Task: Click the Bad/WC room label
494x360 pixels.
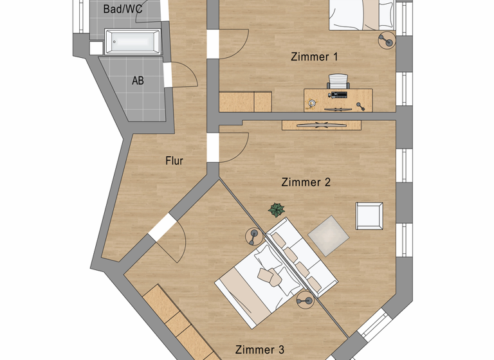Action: (123, 10)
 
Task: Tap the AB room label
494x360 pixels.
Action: (138, 81)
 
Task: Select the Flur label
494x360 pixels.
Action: (174, 161)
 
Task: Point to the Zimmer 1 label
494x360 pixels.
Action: (315, 57)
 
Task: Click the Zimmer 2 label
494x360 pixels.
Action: (306, 183)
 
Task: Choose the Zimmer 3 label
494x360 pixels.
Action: (259, 350)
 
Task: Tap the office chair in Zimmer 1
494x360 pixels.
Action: (338, 82)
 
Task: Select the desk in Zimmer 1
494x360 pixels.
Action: (338, 100)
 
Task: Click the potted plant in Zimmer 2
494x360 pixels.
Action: (277, 210)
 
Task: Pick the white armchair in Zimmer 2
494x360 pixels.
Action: (370, 215)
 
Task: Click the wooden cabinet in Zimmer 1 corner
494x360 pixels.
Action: (245, 102)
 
